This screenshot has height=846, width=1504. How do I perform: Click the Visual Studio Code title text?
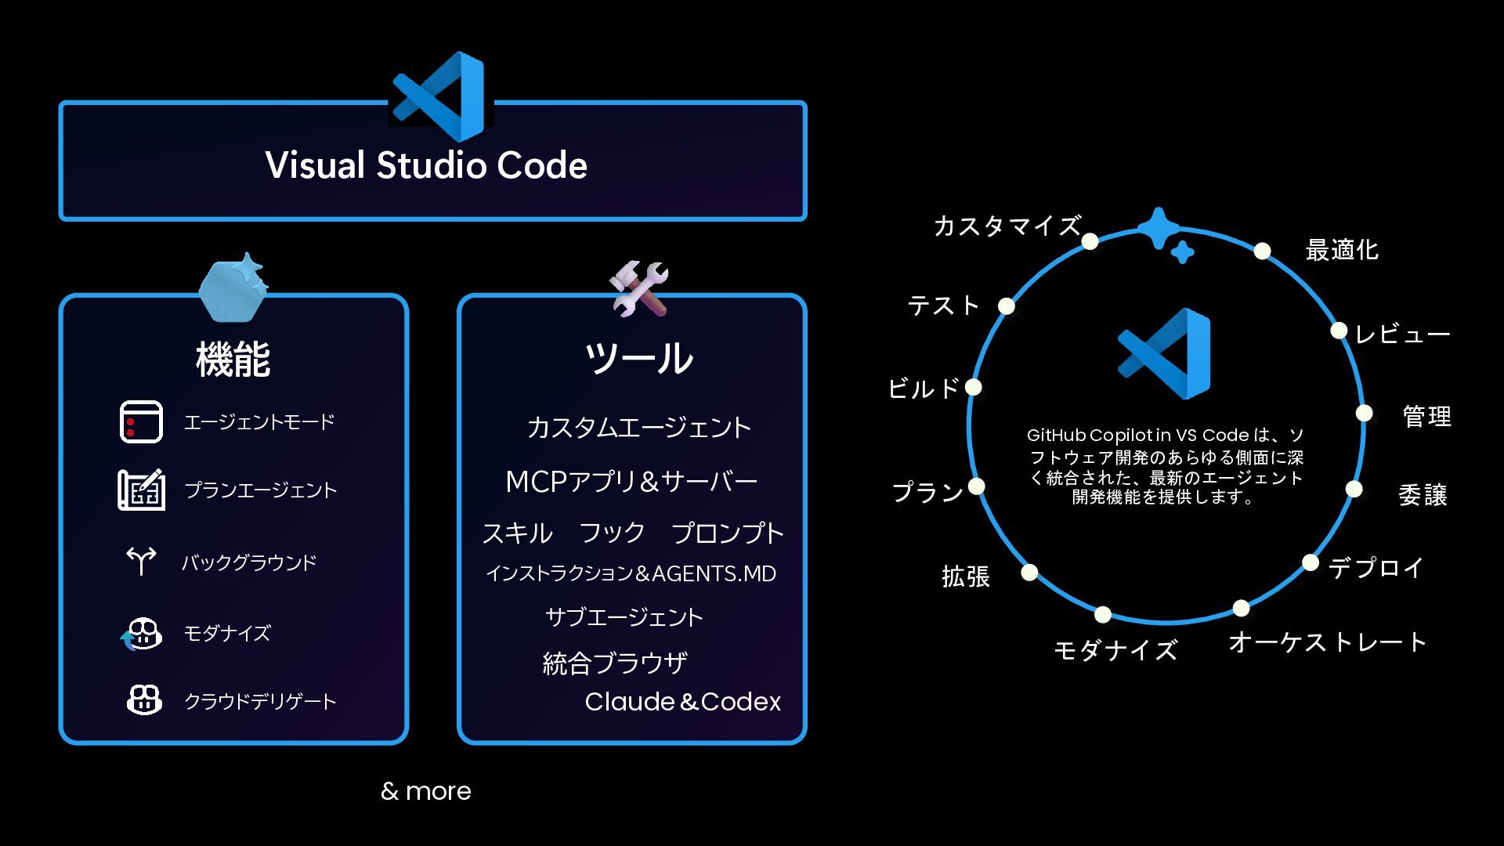click(426, 165)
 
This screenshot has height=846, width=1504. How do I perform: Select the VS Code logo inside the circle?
click(1166, 353)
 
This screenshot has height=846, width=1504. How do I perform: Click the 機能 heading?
click(233, 360)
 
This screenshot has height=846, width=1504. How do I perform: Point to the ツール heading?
click(638, 358)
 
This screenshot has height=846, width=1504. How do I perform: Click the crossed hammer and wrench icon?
click(639, 288)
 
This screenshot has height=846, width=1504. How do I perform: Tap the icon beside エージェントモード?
click(141, 421)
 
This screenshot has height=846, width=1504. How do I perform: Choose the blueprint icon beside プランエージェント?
click(141, 490)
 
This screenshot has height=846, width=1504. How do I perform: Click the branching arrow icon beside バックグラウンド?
click(141, 560)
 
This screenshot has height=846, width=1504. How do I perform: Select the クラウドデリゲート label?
click(260, 701)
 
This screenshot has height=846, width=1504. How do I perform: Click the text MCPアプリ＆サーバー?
click(631, 482)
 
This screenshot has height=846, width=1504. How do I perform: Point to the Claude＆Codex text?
click(682, 702)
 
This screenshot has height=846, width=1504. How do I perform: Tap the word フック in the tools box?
click(612, 533)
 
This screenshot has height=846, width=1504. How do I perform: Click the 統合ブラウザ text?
click(615, 663)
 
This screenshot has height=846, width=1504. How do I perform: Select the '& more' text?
click(425, 791)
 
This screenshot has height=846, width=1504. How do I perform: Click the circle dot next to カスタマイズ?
click(1090, 241)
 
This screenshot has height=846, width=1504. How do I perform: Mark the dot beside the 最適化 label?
click(1262, 251)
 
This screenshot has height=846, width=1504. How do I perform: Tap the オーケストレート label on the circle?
click(1327, 642)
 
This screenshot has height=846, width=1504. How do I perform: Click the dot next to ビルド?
click(973, 387)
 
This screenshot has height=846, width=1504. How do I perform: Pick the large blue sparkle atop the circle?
click(1158, 228)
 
